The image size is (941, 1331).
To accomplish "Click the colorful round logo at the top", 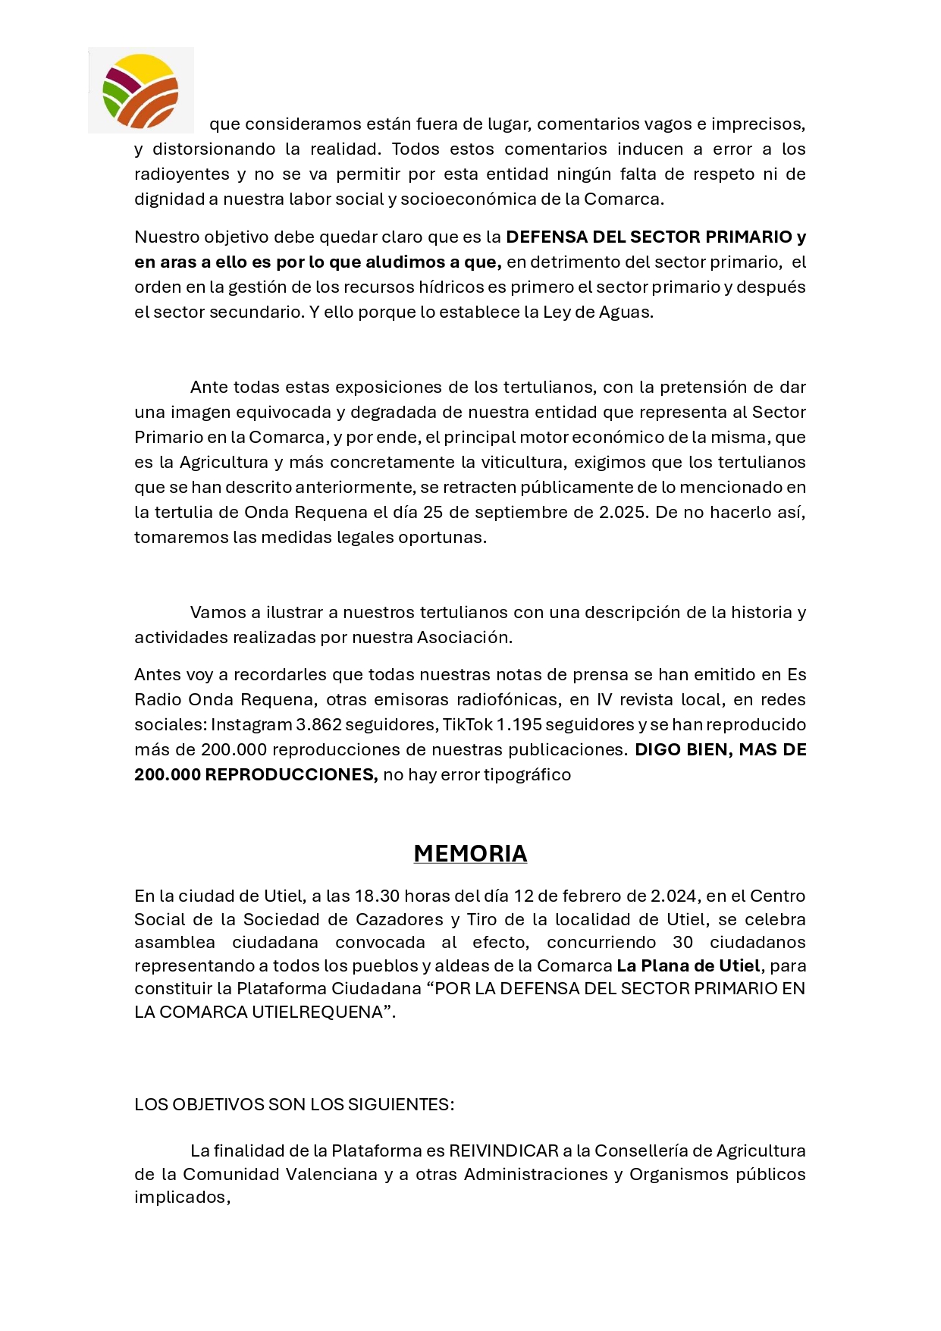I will point(140,90).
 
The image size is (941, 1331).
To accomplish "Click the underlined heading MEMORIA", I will point(470,853).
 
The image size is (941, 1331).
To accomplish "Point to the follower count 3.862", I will point(319,724).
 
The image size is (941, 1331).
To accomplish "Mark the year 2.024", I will point(675,896).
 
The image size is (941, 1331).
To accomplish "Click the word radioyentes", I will point(182,174).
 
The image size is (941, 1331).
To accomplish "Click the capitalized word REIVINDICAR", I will point(503,1150).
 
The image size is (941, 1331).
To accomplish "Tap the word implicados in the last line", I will point(182,1197).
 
